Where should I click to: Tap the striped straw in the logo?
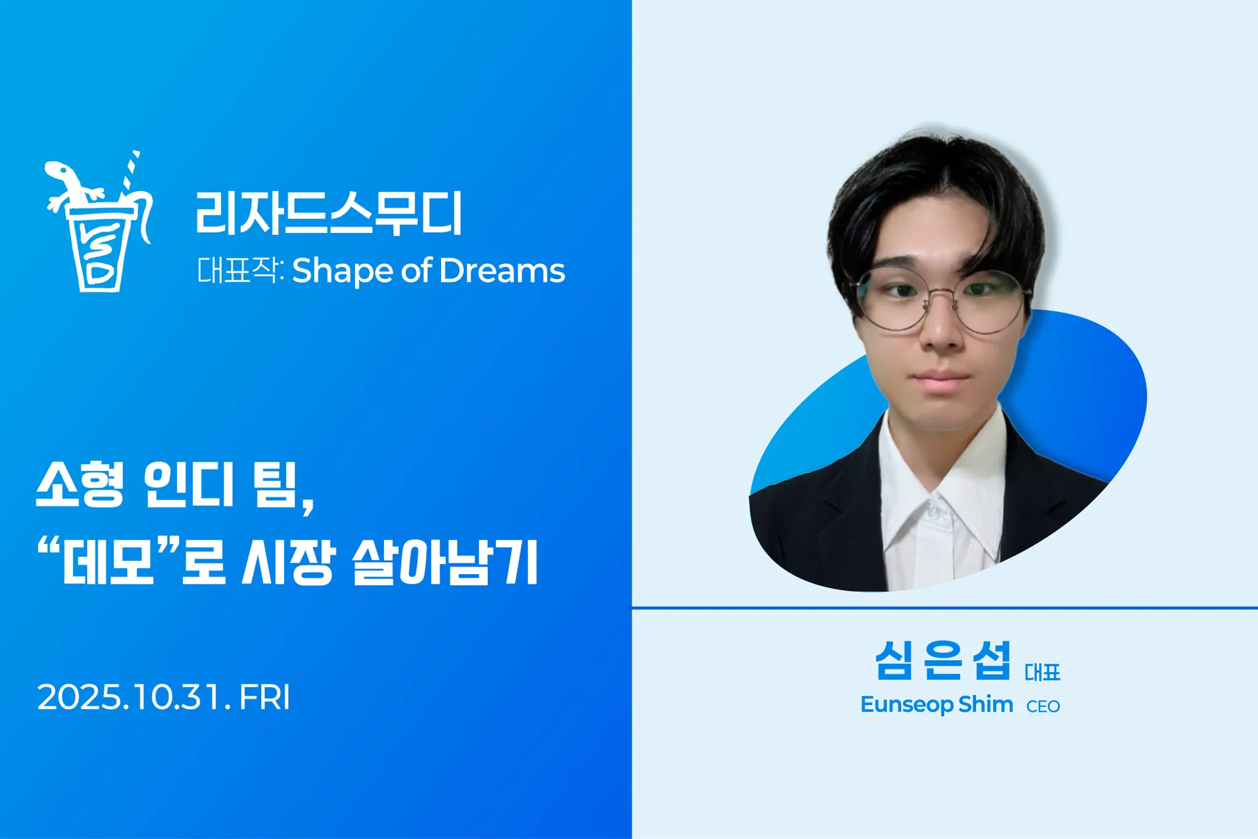(130, 173)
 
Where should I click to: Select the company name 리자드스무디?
(329, 213)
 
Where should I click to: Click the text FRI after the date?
(264, 697)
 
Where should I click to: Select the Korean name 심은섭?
(943, 660)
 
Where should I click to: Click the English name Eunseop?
(906, 704)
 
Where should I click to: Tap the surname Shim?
(985, 704)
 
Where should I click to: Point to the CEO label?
(1043, 707)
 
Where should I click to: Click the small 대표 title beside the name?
(1042, 672)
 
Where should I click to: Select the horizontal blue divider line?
(945, 608)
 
